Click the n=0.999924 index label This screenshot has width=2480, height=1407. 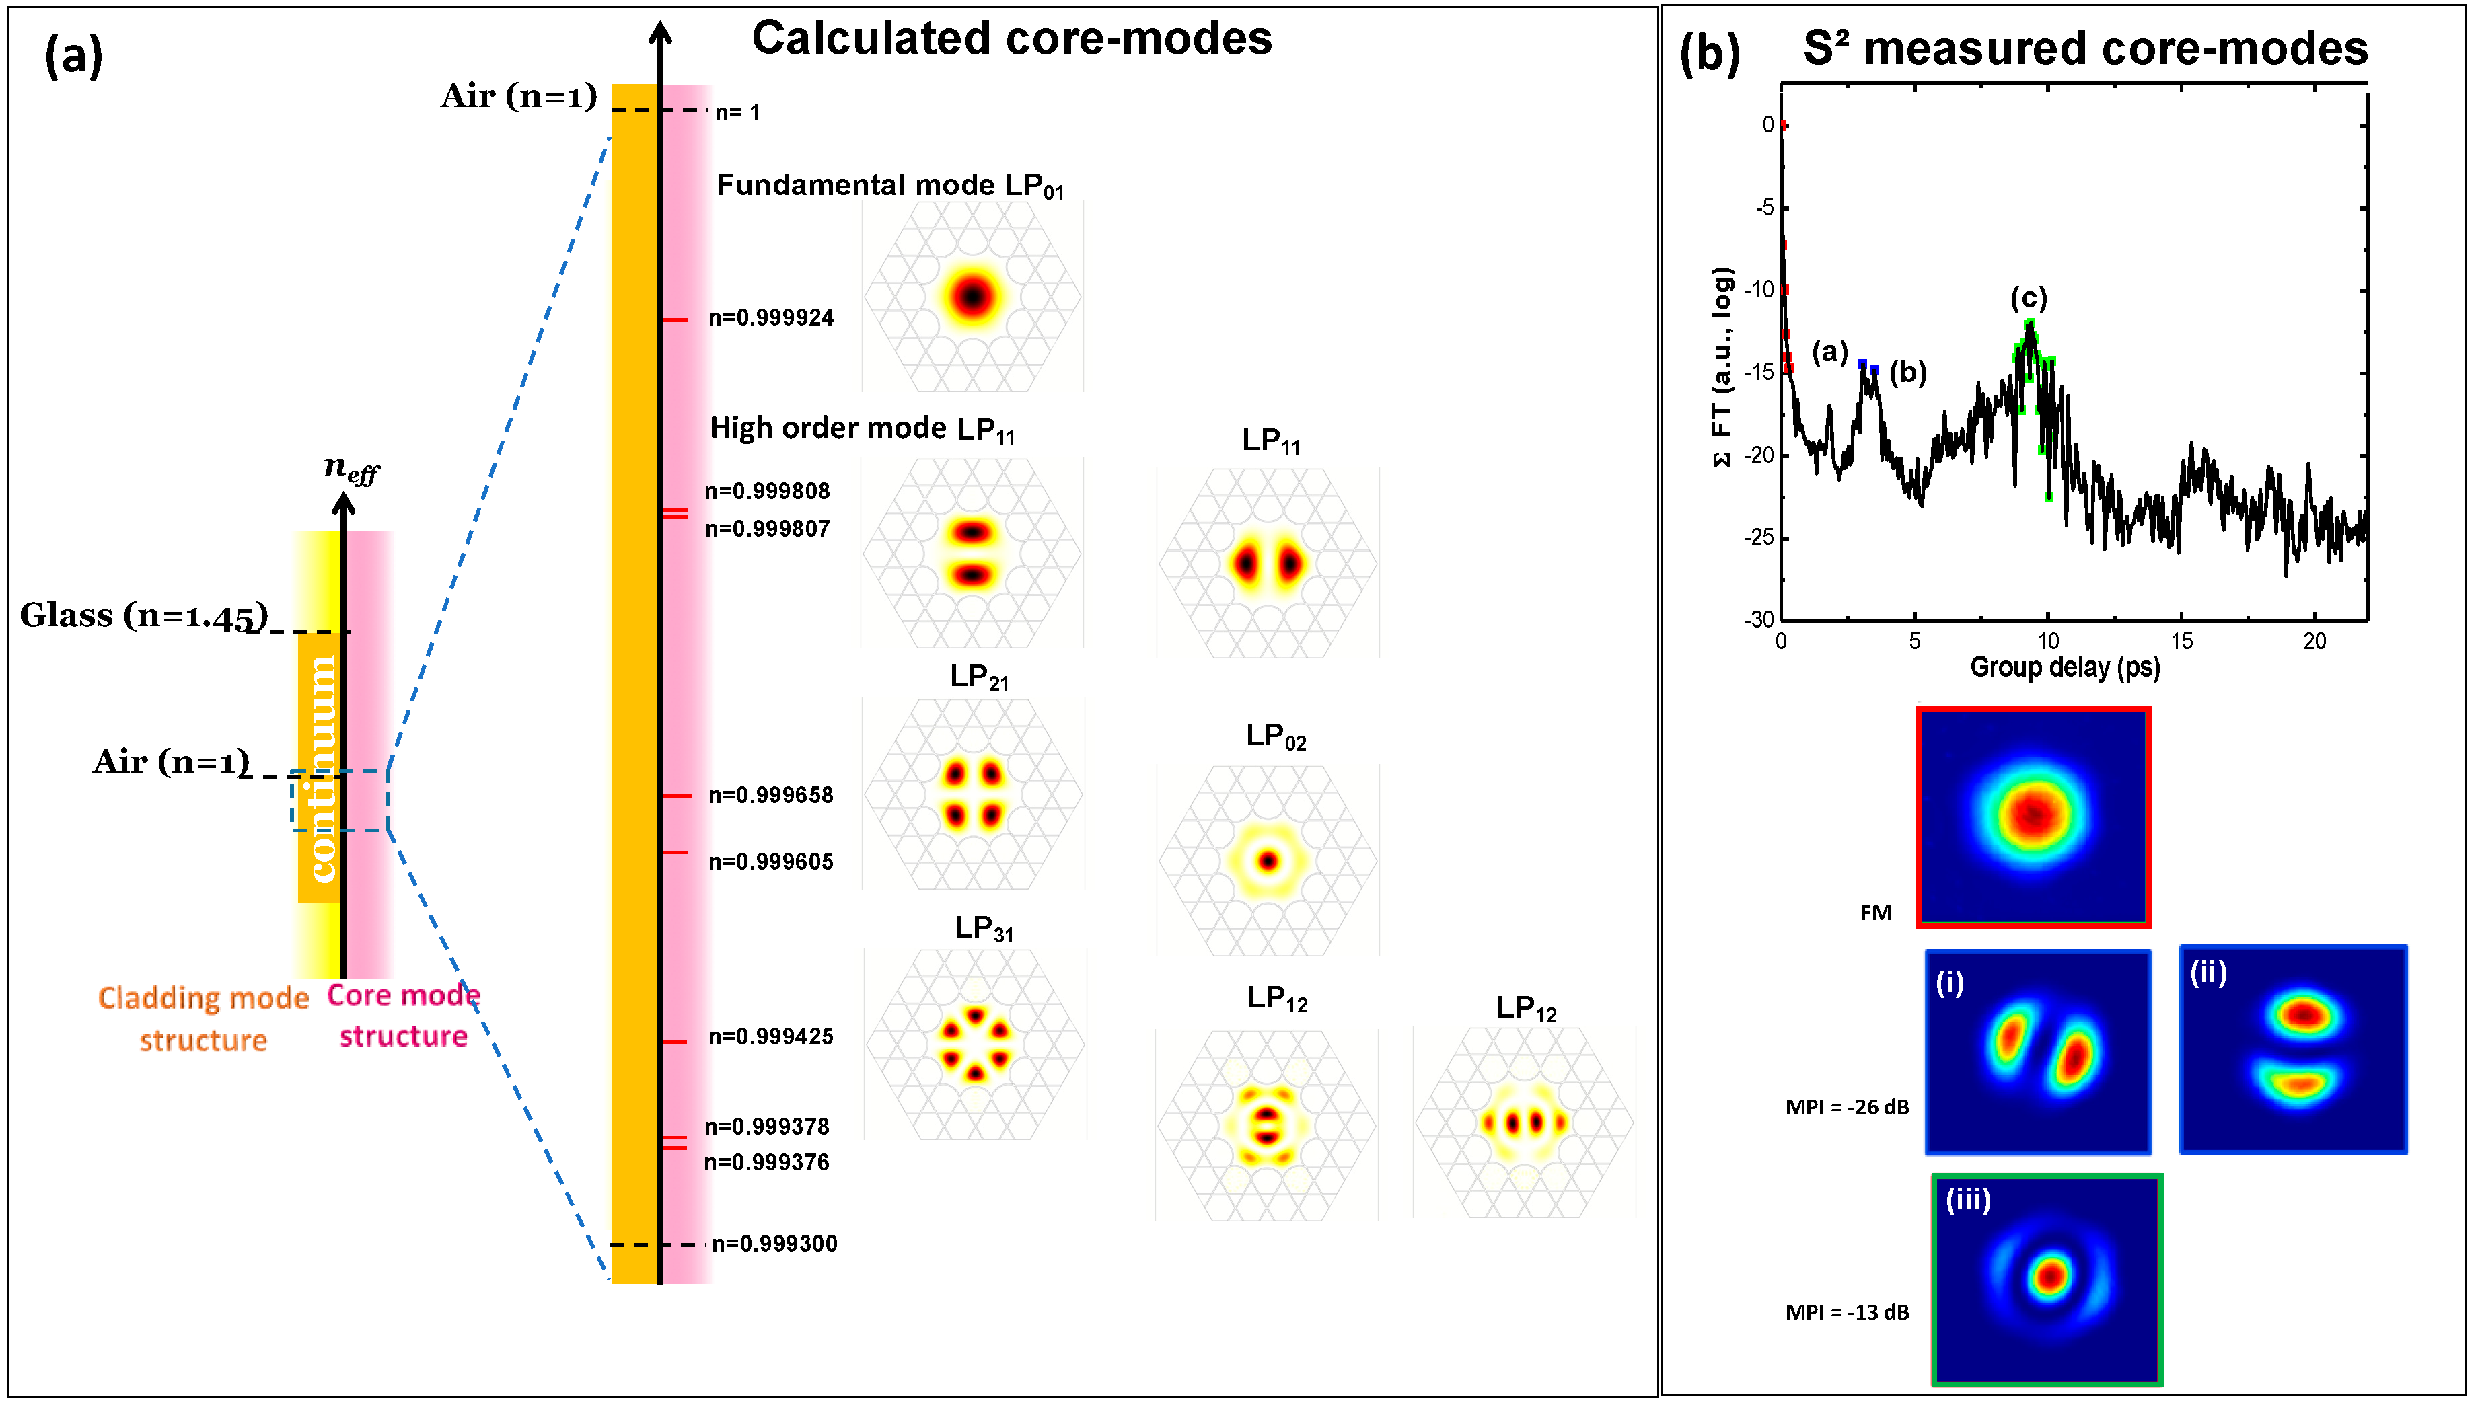click(770, 318)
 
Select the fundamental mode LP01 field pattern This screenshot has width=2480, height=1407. click(972, 296)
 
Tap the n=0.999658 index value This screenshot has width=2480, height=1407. click(770, 795)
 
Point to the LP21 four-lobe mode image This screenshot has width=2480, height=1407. click(972, 794)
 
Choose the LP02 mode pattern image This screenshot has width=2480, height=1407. click(1268, 860)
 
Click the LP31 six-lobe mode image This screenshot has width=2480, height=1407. click(974, 1044)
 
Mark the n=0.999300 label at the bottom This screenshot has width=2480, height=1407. click(774, 1244)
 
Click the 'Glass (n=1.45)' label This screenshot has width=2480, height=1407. click(143, 615)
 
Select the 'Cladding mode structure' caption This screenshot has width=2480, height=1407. click(203, 1018)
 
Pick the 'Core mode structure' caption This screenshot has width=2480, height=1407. click(403, 1016)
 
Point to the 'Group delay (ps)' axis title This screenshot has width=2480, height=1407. click(2064, 667)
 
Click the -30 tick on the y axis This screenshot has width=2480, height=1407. click(1759, 619)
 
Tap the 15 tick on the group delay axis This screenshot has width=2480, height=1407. click(2181, 641)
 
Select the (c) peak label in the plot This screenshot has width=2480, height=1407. click(2029, 298)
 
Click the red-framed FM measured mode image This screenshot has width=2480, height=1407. click(2035, 816)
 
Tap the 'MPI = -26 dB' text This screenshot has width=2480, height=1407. click(1847, 1108)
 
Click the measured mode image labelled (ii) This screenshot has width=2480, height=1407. click(2292, 1051)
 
